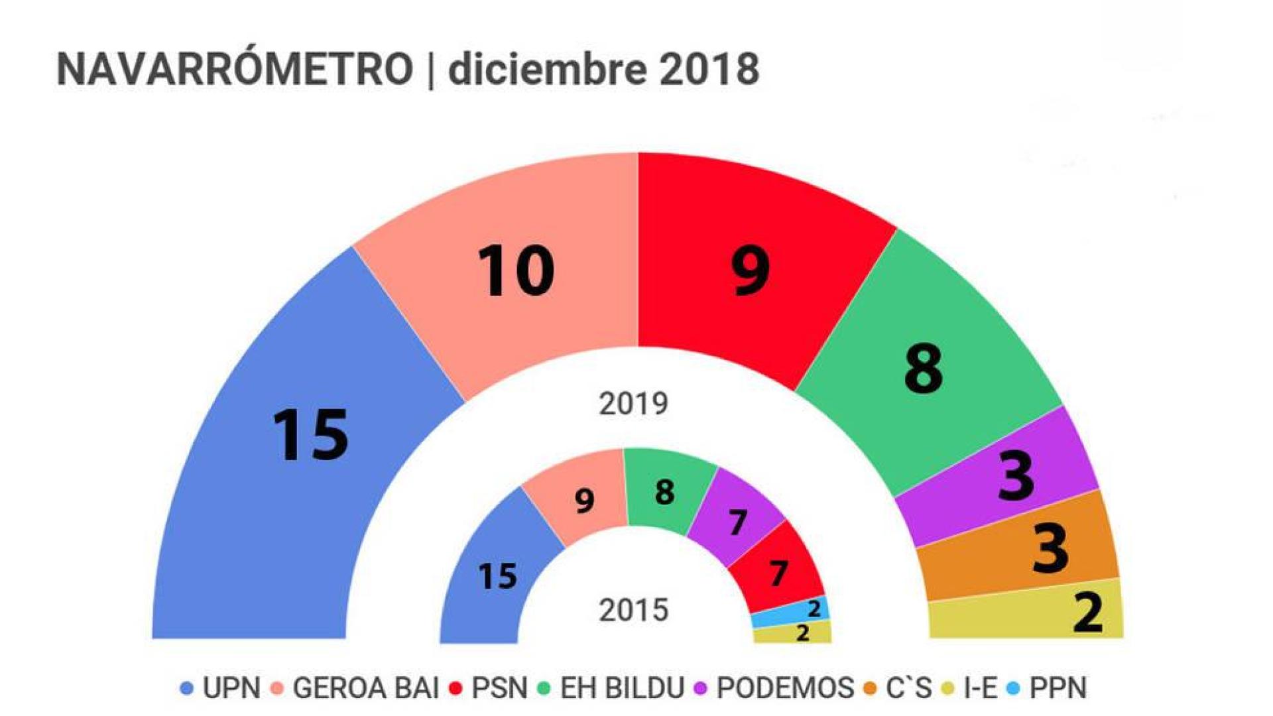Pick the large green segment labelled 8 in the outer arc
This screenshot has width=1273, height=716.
tap(928, 371)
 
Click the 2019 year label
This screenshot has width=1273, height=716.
tap(633, 404)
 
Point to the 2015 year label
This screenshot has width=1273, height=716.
tap(633, 611)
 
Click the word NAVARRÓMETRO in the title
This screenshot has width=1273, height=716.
tap(235, 69)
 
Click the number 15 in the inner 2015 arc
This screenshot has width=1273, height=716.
tap(497, 576)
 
